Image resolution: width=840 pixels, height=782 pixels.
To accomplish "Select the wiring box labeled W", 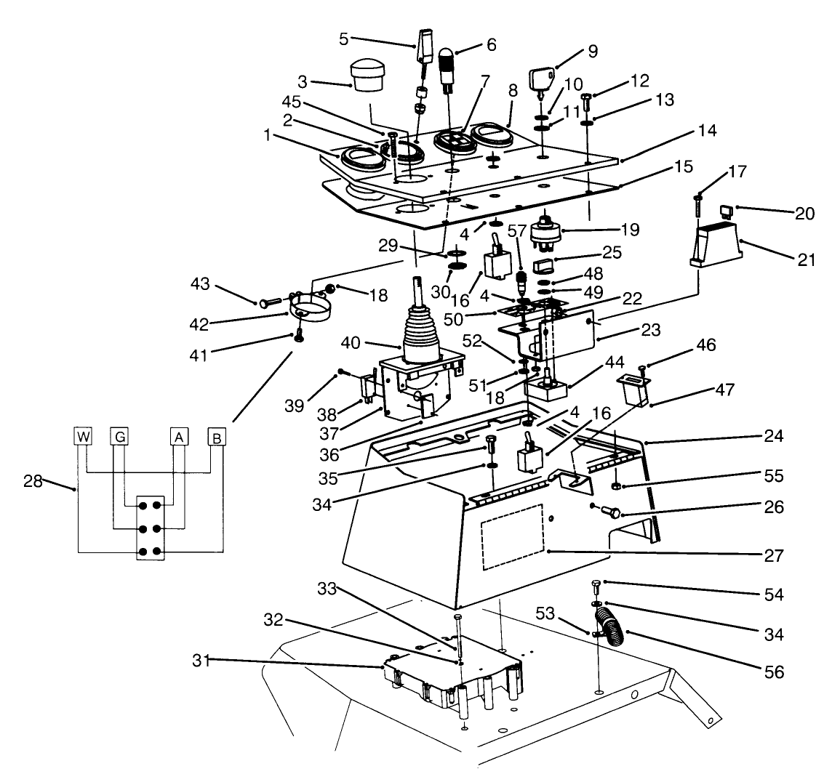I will [x=84, y=437].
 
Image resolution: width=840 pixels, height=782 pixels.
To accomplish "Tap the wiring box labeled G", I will [x=119, y=437].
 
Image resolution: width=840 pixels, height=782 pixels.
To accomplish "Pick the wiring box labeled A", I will [x=177, y=437].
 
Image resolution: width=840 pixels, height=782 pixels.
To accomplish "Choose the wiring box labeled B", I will [x=216, y=437].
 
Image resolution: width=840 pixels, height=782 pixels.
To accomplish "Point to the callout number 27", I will [x=774, y=556].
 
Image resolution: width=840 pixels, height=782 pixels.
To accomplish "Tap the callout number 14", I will [x=706, y=131].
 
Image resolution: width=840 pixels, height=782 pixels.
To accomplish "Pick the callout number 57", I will [x=516, y=232].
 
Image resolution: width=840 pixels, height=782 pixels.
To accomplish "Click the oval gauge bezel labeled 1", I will [x=357, y=158].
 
